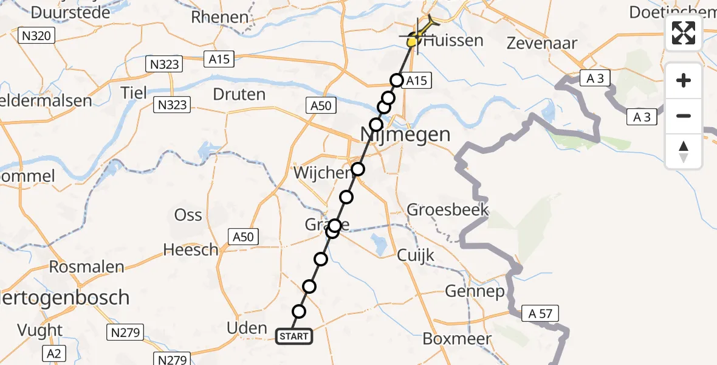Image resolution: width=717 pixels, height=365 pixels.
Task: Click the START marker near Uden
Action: click(x=294, y=336)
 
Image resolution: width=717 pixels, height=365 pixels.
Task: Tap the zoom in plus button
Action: click(x=684, y=80)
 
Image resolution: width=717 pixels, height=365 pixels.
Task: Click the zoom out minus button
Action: click(x=684, y=116)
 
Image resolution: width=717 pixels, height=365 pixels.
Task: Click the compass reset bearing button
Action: click(x=684, y=151)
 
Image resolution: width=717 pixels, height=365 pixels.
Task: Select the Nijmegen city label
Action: click(x=405, y=134)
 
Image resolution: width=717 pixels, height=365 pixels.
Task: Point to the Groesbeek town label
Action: click(x=447, y=210)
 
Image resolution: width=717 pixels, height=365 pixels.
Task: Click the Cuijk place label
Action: click(x=416, y=255)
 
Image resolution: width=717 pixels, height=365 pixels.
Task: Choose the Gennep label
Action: click(x=475, y=291)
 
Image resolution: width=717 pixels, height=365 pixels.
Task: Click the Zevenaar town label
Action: click(x=542, y=43)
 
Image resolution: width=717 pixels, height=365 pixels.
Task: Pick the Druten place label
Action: click(x=239, y=94)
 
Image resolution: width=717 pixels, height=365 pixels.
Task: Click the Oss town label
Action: click(x=188, y=215)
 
